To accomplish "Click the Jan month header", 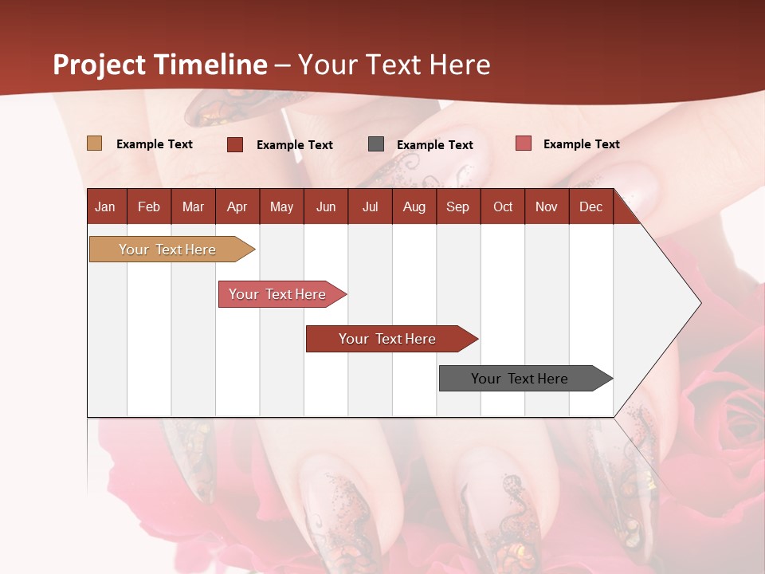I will tap(105, 206).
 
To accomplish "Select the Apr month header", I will tap(237, 206).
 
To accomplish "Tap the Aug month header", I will tap(414, 206).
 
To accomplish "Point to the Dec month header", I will tap(590, 206).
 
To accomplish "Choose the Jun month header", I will tap(325, 206).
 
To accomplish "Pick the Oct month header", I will tap(502, 206).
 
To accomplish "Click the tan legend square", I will tap(94, 143).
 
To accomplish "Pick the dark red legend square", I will tap(235, 144).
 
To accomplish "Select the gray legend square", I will tap(376, 143).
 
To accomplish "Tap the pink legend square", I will tap(524, 143).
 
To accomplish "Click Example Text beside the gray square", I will tap(434, 144).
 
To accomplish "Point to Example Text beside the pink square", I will tap(581, 143).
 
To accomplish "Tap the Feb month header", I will tap(148, 206).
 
